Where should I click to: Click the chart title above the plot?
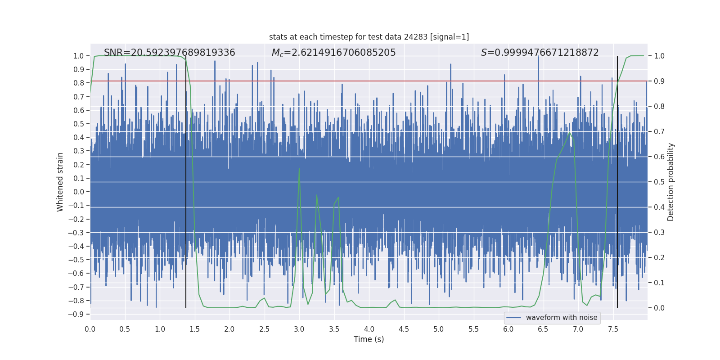[x=369, y=37]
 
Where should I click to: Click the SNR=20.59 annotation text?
[x=169, y=53]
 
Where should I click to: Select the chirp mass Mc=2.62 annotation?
[x=333, y=53]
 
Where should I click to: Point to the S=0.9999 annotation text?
[x=540, y=53]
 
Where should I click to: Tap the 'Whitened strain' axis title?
[x=60, y=182]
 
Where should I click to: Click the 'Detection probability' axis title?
[x=671, y=182]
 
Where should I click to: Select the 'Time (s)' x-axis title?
[x=369, y=339]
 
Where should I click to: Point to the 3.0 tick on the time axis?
[x=299, y=329]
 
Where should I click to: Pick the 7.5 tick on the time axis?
[x=613, y=329]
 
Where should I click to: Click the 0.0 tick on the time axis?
[x=90, y=329]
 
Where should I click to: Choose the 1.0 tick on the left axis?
[x=78, y=56]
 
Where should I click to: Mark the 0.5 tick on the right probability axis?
[x=659, y=182]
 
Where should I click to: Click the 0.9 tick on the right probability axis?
[x=659, y=81]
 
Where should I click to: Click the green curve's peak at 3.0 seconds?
[x=299, y=169]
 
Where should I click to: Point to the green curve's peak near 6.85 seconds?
[x=570, y=132]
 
